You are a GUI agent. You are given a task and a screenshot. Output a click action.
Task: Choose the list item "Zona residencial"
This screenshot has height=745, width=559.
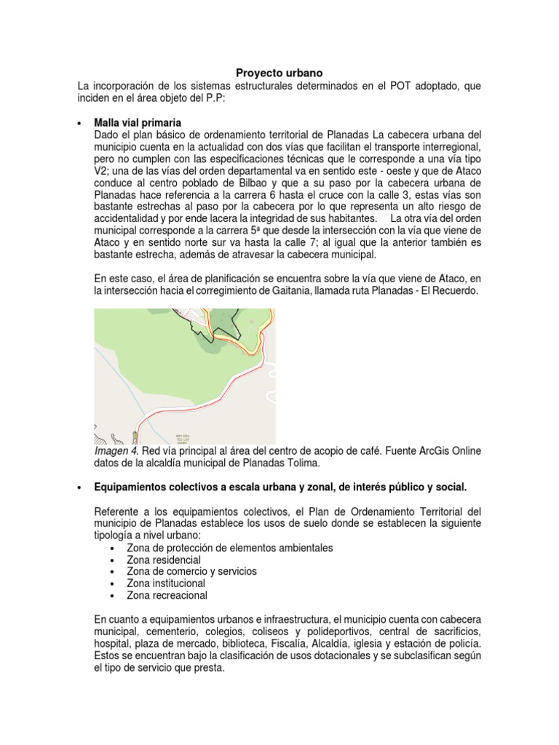(x=164, y=560)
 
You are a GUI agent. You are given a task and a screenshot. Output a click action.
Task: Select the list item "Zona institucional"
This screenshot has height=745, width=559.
(x=166, y=583)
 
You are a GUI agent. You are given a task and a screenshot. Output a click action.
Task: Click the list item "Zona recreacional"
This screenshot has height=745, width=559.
(x=167, y=596)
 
